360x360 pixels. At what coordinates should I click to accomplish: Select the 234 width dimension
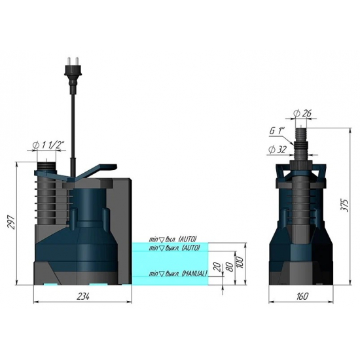(x=83, y=297)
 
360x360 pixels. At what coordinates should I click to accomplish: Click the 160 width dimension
(x=300, y=297)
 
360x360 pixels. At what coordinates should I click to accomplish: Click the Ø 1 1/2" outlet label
(x=48, y=145)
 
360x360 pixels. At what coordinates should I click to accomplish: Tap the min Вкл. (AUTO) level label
(x=173, y=240)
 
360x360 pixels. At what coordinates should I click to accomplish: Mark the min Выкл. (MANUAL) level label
(x=178, y=273)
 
